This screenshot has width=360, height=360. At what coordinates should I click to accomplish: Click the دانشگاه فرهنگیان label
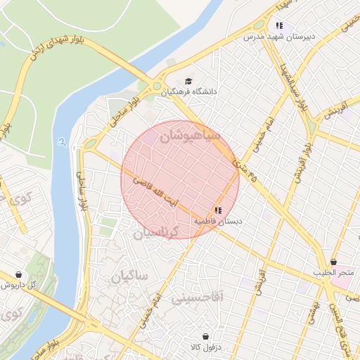tap(189, 91)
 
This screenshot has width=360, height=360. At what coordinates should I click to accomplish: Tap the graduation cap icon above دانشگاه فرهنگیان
tap(188, 81)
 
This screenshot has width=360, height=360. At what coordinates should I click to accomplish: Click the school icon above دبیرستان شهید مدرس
tap(279, 26)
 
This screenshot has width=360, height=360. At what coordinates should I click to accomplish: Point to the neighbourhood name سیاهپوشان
tap(190, 136)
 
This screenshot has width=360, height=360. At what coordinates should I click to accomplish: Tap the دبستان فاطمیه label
tap(218, 220)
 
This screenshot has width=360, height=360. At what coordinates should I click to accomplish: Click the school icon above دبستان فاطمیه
tap(218, 210)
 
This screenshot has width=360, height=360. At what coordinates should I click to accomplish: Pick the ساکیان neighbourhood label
tap(129, 276)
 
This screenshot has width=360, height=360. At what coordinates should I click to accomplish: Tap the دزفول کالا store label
tap(205, 347)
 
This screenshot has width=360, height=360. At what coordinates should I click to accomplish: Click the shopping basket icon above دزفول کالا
tap(205, 337)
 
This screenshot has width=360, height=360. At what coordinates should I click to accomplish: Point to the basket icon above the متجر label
tap(333, 262)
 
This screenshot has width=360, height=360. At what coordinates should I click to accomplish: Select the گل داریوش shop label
tap(18, 285)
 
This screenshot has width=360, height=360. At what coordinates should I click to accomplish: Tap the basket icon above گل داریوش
tap(18, 274)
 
